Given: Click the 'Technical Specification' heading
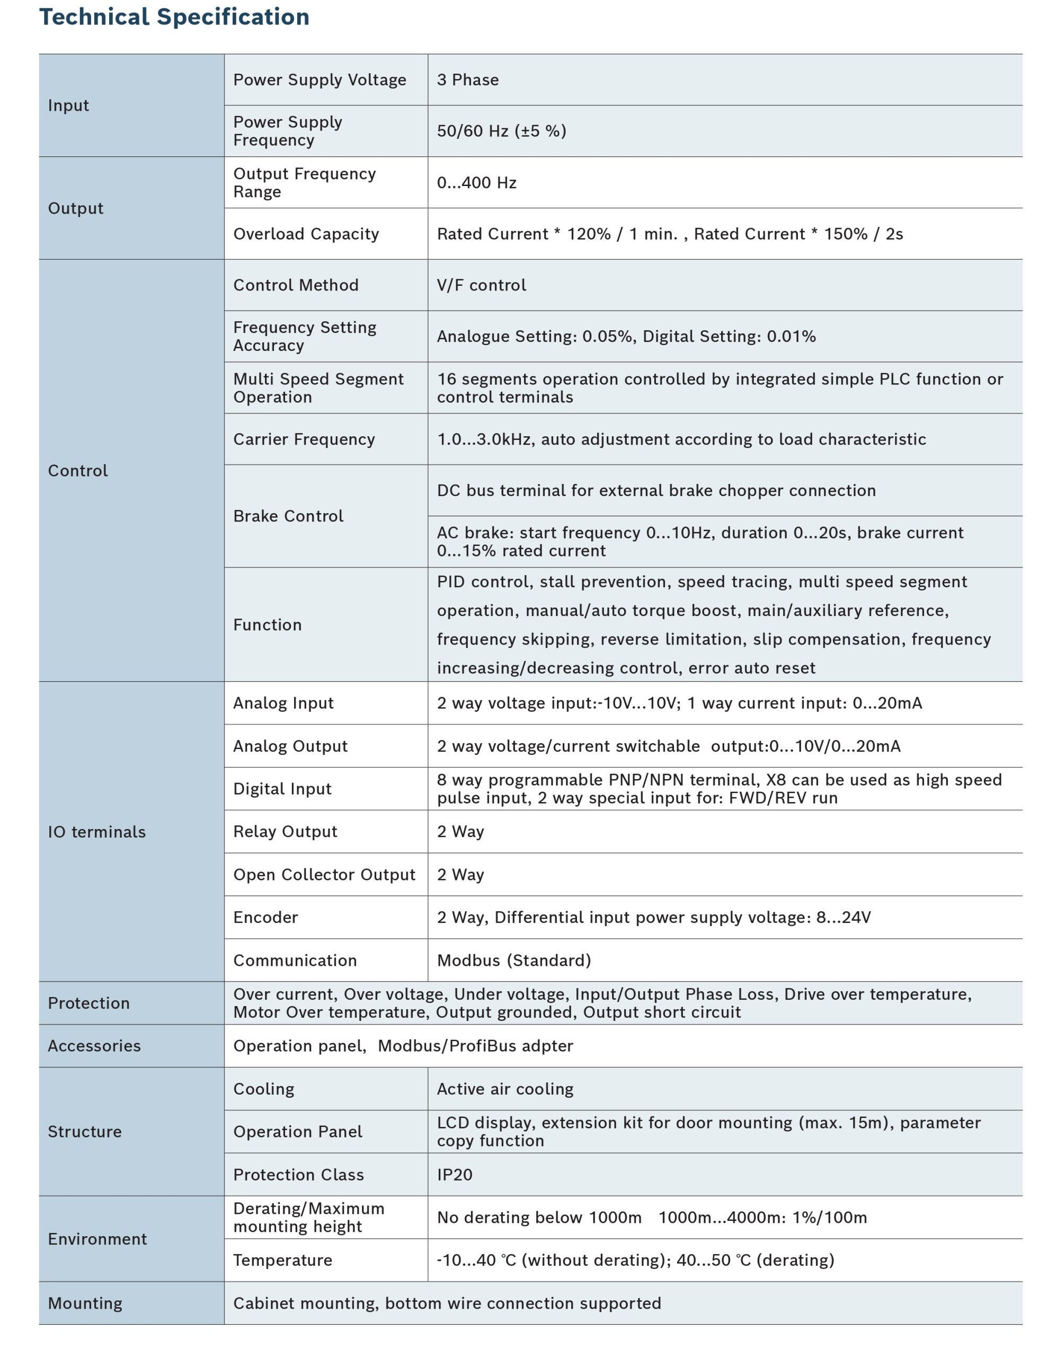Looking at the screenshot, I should [x=174, y=17].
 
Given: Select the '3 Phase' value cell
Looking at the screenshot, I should [x=468, y=80].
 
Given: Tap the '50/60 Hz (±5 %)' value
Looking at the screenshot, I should [x=501, y=131].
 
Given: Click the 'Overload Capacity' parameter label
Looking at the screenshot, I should [x=306, y=234].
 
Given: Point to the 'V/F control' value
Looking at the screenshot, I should [x=482, y=285].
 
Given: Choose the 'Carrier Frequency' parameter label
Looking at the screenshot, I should [x=304, y=439].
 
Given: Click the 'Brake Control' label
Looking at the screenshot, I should [x=288, y=516].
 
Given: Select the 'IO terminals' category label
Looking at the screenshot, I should [x=97, y=832].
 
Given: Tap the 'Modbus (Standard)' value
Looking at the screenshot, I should [x=514, y=961].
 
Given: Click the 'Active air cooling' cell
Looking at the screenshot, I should [x=505, y=1089].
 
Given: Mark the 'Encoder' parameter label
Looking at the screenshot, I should [x=265, y=918].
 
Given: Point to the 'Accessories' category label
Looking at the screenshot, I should [x=94, y=1046].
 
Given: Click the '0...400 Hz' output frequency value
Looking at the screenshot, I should [x=476, y=183].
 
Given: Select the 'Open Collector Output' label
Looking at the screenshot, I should [x=324, y=875].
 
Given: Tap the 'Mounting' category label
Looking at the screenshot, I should [x=85, y=1303].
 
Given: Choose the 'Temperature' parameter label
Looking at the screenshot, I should [x=282, y=1261].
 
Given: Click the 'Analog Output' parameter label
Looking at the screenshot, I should [x=290, y=746].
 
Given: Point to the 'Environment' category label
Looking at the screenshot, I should [x=97, y=1239].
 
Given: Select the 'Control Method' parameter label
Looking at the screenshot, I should [x=296, y=285].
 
